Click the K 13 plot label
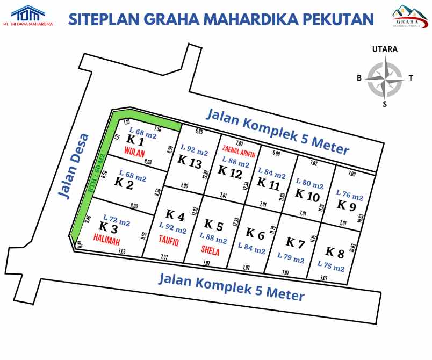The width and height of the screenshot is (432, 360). [190, 160]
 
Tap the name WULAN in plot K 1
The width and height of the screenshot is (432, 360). [134, 152]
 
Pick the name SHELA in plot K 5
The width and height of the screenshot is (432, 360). [210, 250]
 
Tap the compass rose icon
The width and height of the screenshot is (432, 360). [385, 78]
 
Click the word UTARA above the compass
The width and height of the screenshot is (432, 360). [385, 49]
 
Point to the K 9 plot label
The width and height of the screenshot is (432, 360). [346, 205]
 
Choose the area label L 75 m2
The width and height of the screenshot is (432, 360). [331, 266]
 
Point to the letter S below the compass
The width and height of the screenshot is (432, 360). [385, 104]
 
